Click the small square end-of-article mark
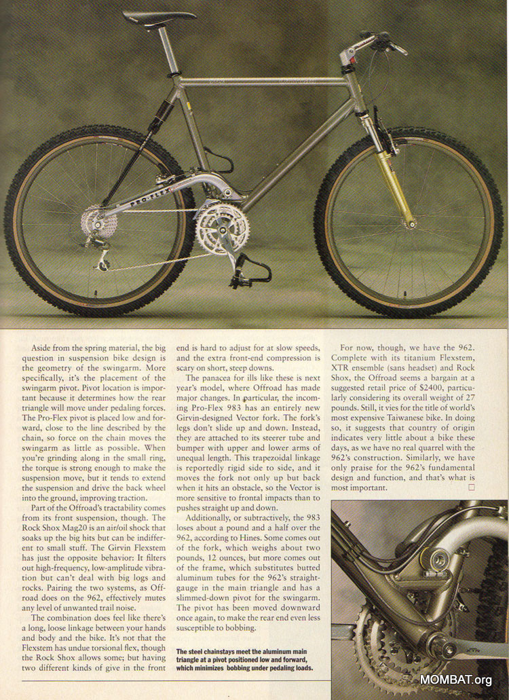click(481, 487)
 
